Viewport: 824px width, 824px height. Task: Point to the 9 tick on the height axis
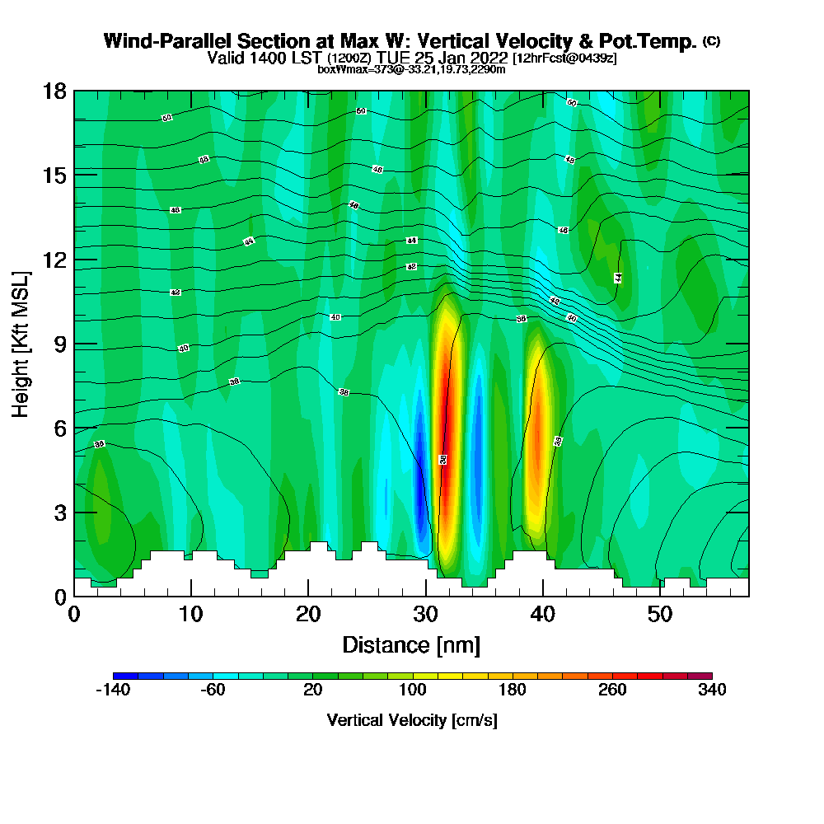[74, 344]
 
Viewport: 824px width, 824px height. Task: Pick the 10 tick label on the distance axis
[191, 615]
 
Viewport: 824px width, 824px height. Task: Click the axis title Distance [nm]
[411, 644]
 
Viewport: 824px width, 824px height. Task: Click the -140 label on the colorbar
[113, 690]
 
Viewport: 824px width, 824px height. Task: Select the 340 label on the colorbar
[711, 690]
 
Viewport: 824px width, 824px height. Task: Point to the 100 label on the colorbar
[412, 690]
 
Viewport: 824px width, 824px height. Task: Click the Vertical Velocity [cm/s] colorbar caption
[412, 720]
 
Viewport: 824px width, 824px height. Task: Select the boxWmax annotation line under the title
[411, 69]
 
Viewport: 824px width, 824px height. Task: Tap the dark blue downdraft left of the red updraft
[420, 486]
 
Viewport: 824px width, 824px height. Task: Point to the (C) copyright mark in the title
[711, 41]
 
